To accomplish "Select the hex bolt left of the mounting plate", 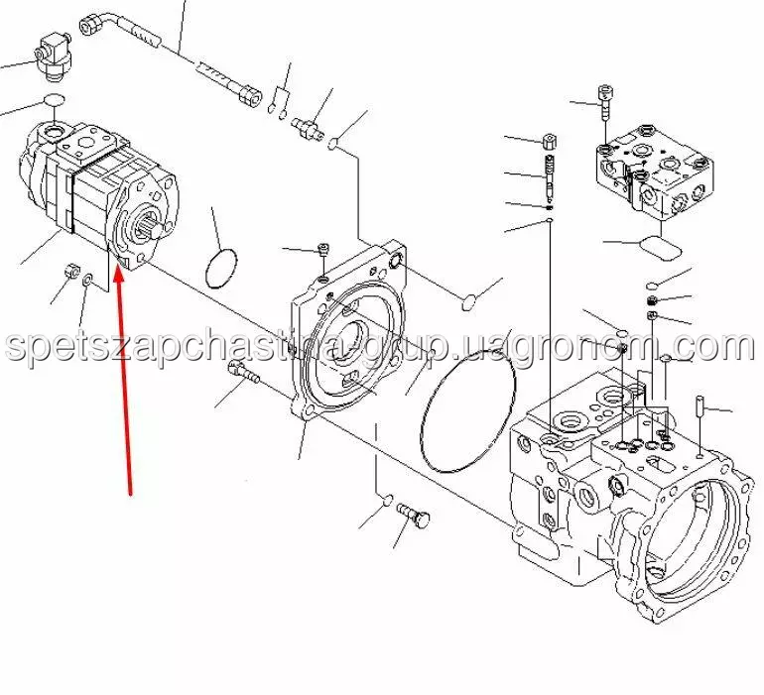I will (x=242, y=374).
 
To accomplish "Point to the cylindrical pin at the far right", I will (x=700, y=407).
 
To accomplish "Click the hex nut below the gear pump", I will (x=70, y=269).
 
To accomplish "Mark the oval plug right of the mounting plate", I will (x=472, y=296).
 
